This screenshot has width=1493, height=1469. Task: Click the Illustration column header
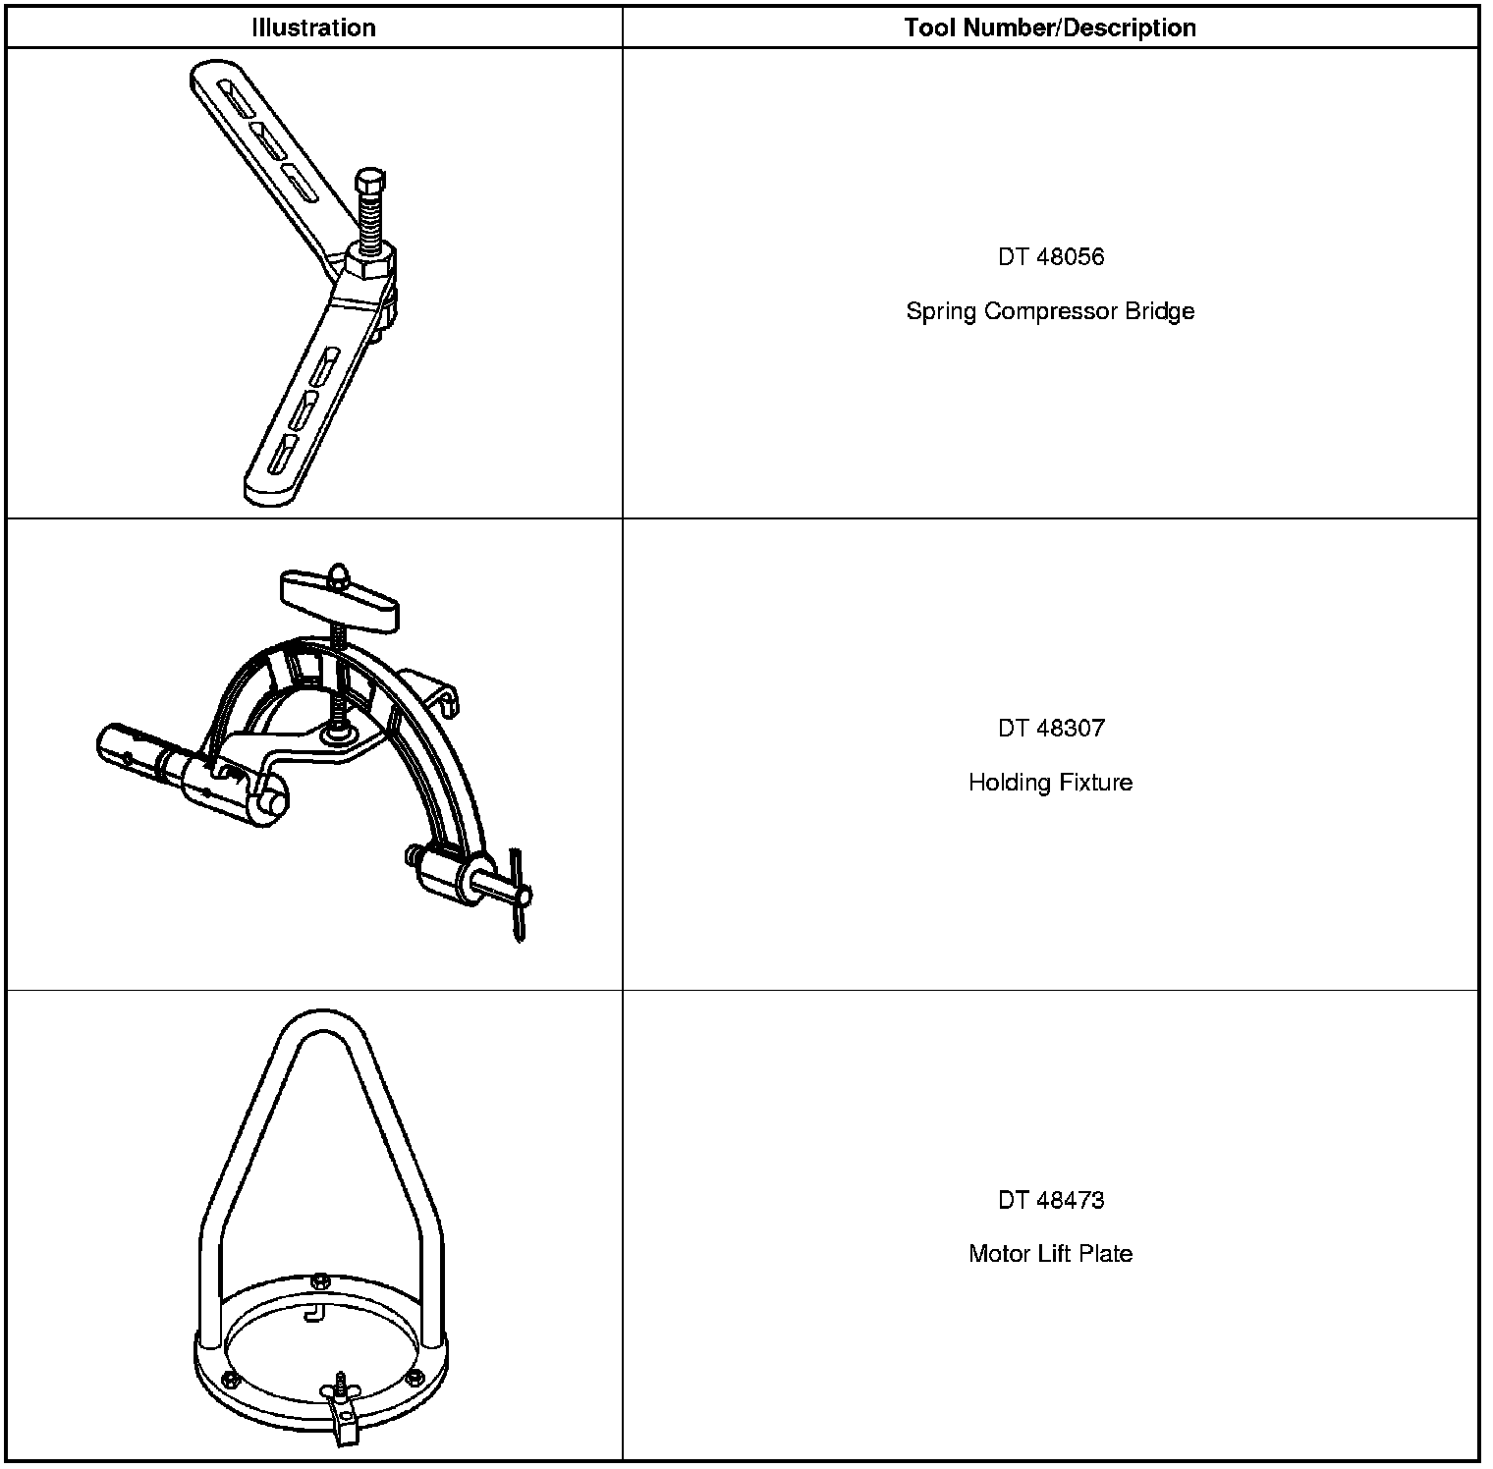[x=313, y=27]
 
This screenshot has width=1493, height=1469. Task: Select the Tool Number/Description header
[x=1050, y=27]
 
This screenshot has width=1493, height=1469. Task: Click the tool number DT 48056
[x=1050, y=257]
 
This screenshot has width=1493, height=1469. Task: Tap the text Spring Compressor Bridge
[x=1050, y=311]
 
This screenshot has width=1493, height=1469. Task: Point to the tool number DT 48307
[x=1050, y=729]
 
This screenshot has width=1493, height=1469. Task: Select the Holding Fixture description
[x=1050, y=783]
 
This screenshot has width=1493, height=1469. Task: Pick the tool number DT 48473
[x=1050, y=1200]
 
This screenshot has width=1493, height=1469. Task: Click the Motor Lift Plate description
[x=1050, y=1254]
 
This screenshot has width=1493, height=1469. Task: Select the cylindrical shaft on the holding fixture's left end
[x=133, y=752]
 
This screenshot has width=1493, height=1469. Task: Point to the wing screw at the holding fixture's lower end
[x=517, y=896]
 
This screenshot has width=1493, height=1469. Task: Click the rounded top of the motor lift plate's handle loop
[x=321, y=1021]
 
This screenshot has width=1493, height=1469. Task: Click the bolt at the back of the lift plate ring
[x=319, y=1281]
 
